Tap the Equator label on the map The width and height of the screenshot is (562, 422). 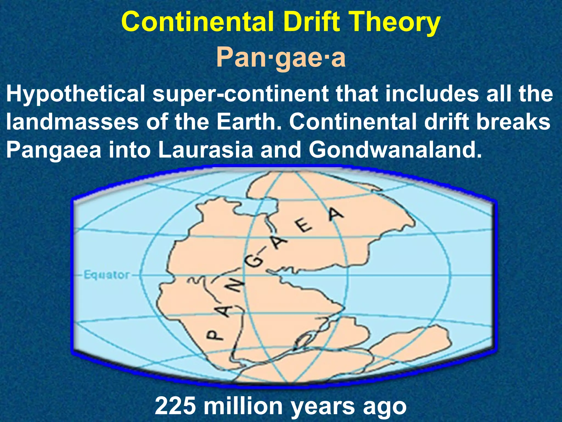(106, 275)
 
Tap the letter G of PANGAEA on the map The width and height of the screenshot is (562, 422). (254, 263)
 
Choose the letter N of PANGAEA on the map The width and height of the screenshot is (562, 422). (235, 287)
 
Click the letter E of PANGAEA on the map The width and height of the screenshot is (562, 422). (304, 228)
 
